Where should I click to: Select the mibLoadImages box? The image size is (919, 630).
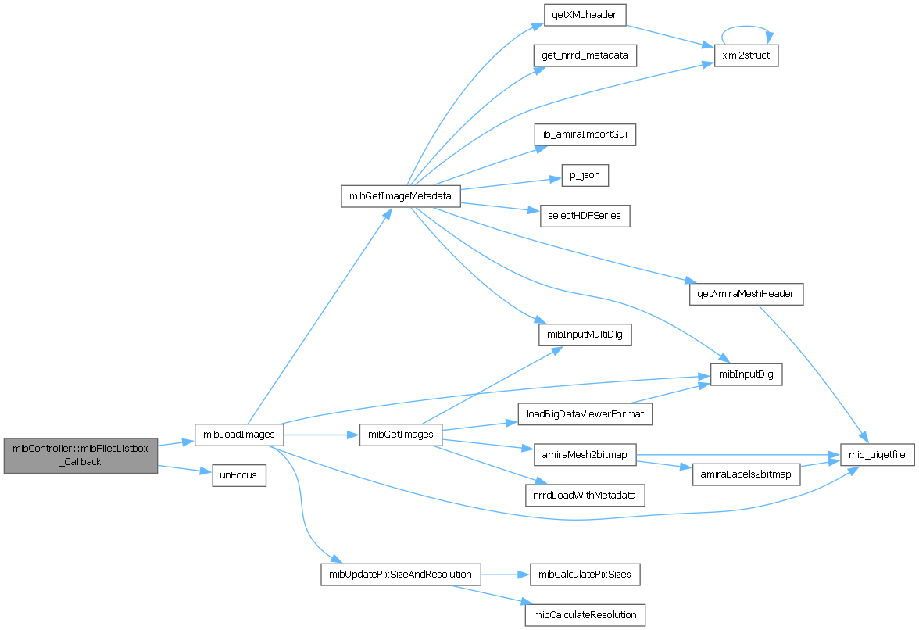pos(238,434)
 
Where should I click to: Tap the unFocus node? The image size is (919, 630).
pos(239,474)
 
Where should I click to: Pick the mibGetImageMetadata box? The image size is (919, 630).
pos(400,195)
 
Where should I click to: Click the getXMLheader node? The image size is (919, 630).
pos(584,16)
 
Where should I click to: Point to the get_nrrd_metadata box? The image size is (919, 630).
pos(585,55)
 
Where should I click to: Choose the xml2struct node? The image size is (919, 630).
pos(746,55)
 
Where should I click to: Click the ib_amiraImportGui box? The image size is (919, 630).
pos(585,134)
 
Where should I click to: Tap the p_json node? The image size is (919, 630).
pos(585,175)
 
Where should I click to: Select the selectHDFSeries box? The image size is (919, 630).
pos(585,216)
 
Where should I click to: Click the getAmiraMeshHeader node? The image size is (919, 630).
pos(746,294)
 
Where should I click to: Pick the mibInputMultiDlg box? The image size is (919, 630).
pos(585,335)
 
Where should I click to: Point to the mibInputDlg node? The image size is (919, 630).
pos(746,374)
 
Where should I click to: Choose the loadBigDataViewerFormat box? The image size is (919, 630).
pos(585,414)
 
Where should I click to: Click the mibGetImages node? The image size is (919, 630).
pos(400,435)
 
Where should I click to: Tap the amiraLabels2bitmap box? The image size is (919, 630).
pos(746,474)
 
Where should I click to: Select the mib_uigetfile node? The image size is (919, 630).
pos(877,454)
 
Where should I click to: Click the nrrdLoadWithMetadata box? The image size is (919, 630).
pos(585,495)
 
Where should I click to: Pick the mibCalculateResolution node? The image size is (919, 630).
pos(585,615)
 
